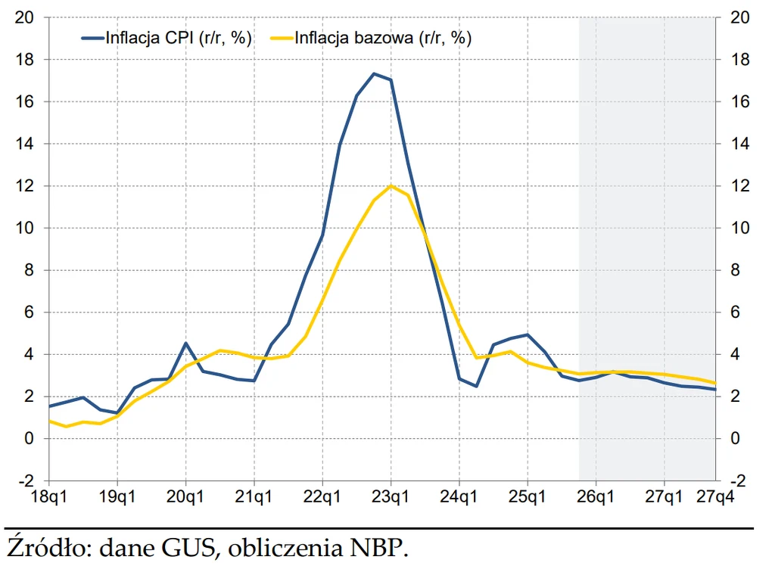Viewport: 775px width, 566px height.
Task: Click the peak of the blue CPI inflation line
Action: [x=374, y=73]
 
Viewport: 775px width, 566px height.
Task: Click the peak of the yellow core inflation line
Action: [x=391, y=185]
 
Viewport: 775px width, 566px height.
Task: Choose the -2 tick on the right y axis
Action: [x=739, y=480]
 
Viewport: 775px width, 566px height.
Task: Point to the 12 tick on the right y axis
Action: [x=739, y=185]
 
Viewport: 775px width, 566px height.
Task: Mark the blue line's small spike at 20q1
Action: [x=185, y=343]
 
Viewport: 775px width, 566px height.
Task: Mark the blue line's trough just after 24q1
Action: [x=476, y=386]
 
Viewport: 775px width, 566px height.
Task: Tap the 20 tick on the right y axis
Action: [x=739, y=17]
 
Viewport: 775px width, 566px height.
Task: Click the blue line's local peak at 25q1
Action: [x=528, y=334]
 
